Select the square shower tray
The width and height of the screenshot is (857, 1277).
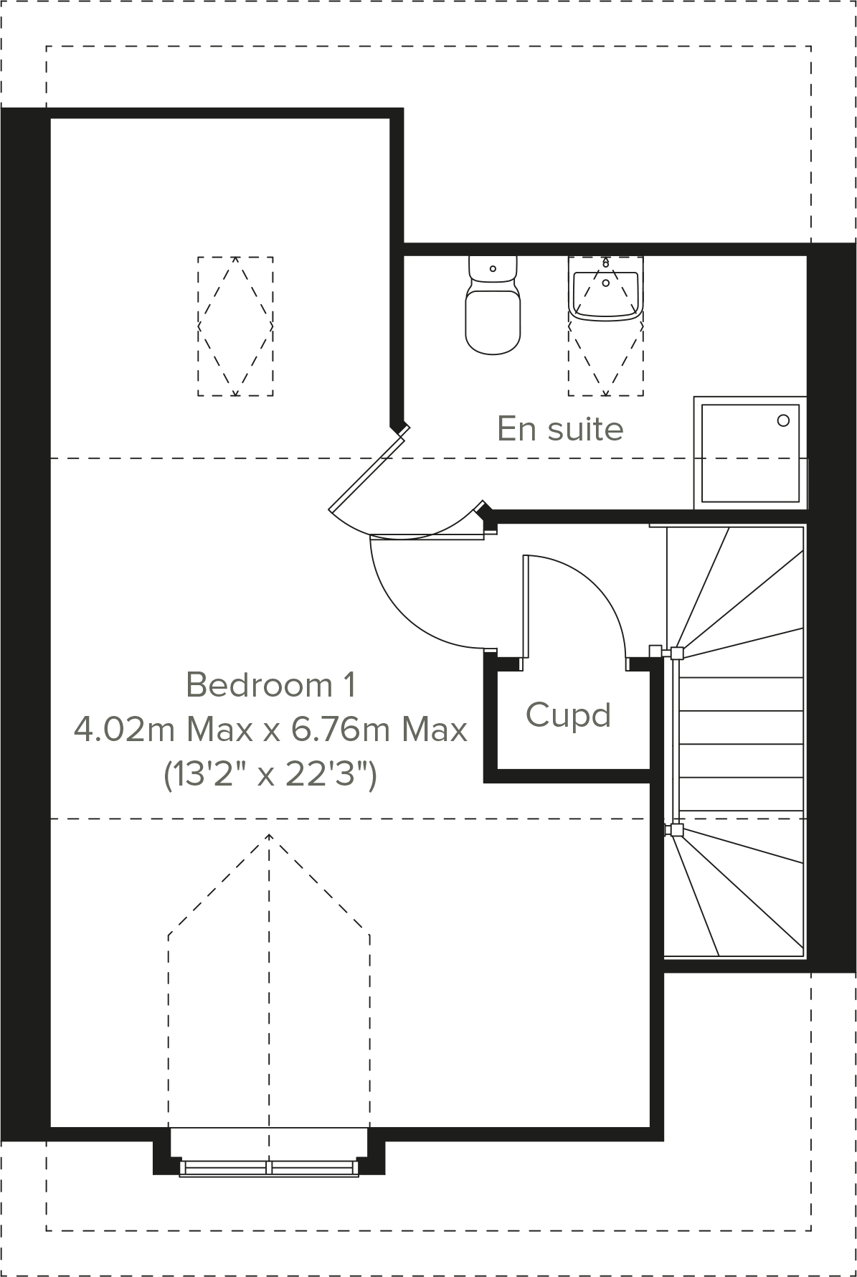[749, 453]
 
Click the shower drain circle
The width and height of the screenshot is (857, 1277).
[783, 420]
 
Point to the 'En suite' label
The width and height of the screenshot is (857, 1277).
[560, 429]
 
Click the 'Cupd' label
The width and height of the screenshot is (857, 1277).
[568, 715]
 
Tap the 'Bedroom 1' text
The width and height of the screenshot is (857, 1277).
[270, 685]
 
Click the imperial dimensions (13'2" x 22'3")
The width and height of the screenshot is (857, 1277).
[270, 775]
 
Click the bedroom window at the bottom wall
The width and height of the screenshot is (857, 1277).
[269, 1168]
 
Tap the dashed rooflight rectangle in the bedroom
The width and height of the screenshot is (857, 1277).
[235, 326]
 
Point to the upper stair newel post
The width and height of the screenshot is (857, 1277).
[676, 653]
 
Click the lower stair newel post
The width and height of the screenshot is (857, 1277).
[676, 830]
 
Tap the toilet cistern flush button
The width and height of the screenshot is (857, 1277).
[493, 269]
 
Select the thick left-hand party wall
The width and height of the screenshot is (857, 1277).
[25, 624]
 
